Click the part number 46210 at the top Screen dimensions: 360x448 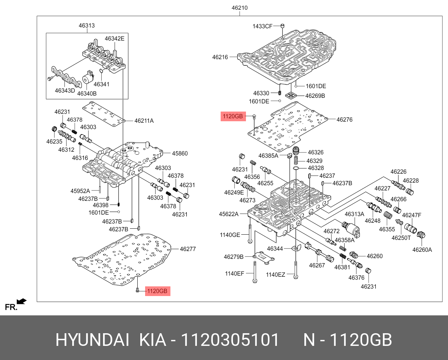240,8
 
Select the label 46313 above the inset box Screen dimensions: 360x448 86,26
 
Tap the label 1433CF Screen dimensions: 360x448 263,26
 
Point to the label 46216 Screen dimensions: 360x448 220,57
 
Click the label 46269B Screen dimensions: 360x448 315,96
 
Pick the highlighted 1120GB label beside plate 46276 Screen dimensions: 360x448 233,117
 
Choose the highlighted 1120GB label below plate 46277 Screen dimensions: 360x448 157,291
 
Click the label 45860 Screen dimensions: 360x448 180,153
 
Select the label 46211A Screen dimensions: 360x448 144,120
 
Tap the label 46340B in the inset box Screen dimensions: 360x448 87,93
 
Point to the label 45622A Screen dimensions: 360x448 228,214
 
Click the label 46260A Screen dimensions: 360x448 422,250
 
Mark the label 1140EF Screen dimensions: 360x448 234,274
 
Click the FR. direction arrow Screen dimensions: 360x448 22,301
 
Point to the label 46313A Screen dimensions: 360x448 354,214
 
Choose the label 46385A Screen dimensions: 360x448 268,156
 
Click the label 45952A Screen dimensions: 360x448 80,191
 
